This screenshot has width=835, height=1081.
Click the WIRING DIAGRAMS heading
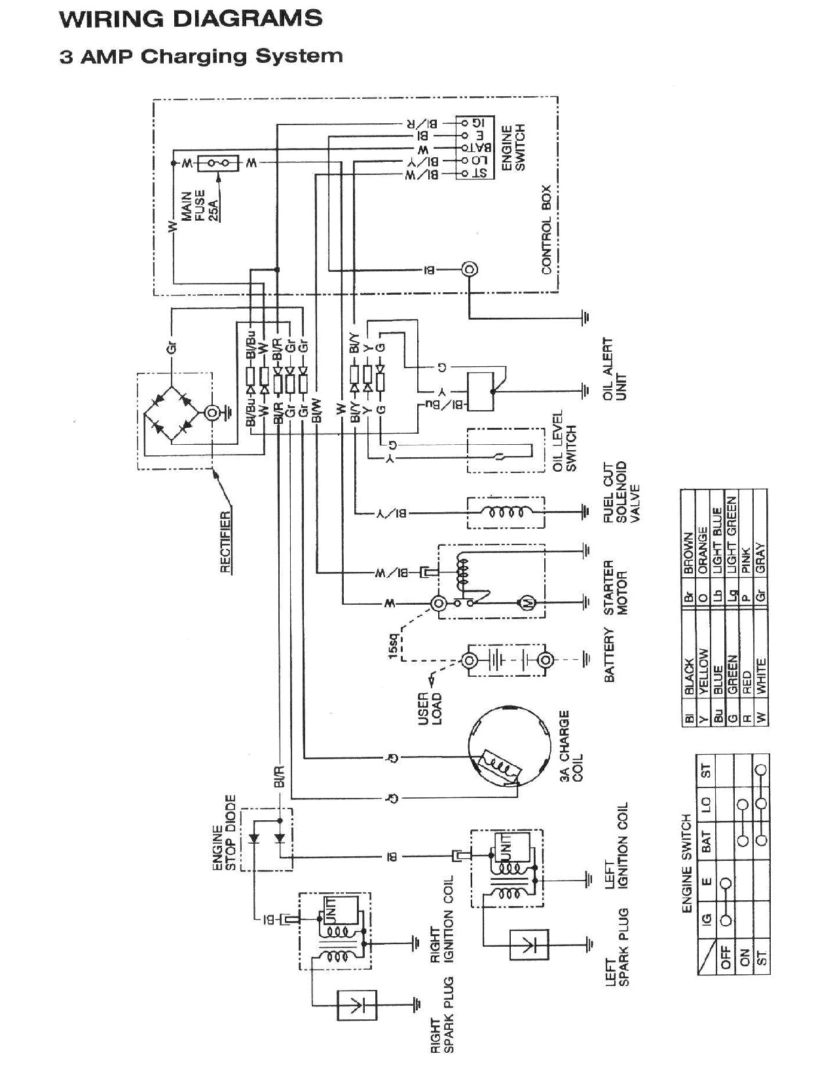[x=191, y=18]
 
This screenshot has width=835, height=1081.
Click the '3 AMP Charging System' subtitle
[x=201, y=56]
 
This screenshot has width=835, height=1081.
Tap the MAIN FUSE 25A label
[x=200, y=207]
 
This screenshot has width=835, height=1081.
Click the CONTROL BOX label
[x=547, y=229]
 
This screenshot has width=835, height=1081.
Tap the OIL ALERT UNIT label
[x=614, y=368]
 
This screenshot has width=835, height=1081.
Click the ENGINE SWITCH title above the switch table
[x=686, y=863]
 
